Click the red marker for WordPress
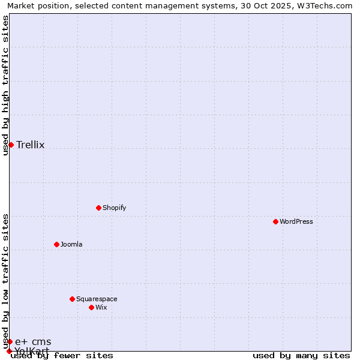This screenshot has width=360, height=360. tap(275, 221)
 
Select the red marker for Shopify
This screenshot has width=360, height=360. tap(98, 208)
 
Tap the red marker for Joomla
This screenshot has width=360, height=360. tap(56, 244)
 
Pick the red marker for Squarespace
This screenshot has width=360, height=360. tap(72, 299)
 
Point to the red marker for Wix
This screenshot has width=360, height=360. tap(91, 307)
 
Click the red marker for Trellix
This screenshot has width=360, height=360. tap(11, 145)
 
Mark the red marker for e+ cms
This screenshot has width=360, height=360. tap(10, 341)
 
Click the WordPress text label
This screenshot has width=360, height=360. tap(296, 221)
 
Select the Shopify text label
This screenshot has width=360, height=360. tap(115, 208)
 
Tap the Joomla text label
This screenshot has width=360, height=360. tap(71, 244)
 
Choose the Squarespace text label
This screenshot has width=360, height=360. tap(97, 299)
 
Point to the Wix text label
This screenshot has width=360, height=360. tap(101, 307)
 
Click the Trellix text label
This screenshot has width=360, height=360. tap(31, 145)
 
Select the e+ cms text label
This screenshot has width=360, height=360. tap(33, 341)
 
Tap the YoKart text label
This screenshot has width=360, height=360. tap(32, 350)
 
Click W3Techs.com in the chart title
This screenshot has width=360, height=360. tap(326, 6)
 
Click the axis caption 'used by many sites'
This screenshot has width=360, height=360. tap(301, 355)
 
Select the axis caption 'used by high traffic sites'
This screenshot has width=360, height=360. tap(5, 85)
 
